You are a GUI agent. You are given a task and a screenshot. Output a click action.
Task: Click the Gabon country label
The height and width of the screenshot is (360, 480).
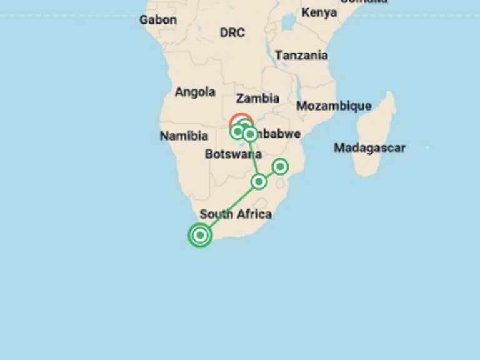point(157,20)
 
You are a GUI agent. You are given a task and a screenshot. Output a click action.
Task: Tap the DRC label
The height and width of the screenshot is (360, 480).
point(232,32)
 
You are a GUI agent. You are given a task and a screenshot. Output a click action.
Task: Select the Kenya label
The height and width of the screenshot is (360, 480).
point(319,12)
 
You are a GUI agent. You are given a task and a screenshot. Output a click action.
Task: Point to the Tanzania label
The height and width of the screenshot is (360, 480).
point(301,56)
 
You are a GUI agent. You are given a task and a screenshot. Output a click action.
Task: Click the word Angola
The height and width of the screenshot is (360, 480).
point(195,92)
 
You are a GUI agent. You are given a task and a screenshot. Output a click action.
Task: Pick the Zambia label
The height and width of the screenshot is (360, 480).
point(257,98)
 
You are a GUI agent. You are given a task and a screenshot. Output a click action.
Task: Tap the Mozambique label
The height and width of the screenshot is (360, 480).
point(334,106)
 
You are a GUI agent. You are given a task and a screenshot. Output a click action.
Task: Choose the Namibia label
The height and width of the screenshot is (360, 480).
point(184,136)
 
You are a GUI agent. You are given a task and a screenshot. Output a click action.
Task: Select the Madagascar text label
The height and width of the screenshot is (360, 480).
point(369,148)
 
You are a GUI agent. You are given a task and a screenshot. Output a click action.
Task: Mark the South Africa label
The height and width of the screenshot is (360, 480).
point(236,214)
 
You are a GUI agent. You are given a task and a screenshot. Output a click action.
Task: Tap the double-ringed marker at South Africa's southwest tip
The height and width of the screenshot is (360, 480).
point(200,235)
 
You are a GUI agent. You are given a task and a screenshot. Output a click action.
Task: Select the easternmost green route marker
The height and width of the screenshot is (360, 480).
point(280,166)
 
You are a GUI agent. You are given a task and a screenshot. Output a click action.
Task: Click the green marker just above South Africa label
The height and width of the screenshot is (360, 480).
point(259,182)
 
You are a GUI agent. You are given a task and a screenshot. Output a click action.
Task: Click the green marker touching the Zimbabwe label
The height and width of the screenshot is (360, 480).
point(250,134)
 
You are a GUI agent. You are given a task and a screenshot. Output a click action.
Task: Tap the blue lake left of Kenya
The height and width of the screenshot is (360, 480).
point(288,23)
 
